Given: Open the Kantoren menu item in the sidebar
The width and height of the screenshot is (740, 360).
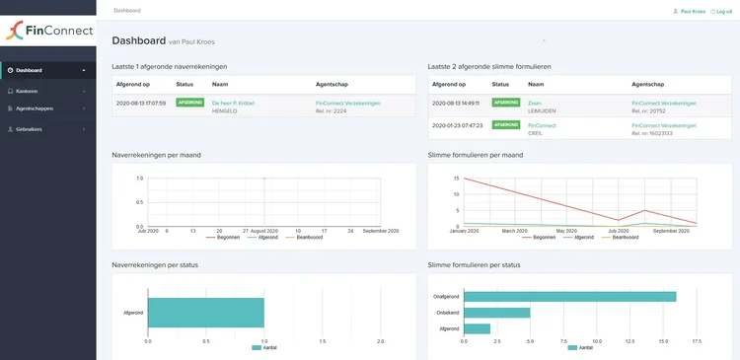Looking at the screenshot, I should tap(27, 91).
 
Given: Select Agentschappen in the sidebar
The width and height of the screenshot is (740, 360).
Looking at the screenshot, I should tap(35, 108).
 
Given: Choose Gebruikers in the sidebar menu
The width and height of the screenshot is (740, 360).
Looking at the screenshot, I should tap(30, 129).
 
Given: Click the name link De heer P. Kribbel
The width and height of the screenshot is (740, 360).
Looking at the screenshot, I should tap(233, 103).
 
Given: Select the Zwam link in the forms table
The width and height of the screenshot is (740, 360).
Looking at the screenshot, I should tap(535, 103).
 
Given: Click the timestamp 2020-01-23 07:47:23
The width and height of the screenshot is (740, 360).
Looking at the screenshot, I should tap(455, 126).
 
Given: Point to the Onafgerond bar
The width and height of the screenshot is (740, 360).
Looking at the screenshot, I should tap(569, 296).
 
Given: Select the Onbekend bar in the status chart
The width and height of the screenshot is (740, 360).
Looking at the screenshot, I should tap(496, 313).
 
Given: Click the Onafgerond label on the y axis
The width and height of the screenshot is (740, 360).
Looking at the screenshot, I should tap(447, 296).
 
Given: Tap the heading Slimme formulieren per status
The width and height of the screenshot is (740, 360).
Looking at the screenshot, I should tap(475, 265).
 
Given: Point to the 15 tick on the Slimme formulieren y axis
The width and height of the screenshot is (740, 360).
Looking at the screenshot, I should tap(456, 179).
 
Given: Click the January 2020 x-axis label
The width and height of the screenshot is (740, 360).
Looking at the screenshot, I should tap(464, 231).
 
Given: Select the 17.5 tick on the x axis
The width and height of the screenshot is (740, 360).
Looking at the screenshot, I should tap(697, 341).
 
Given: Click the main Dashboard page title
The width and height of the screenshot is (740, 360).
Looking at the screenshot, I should tap(138, 40).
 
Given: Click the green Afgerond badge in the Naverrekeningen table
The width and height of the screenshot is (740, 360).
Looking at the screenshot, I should tap(189, 103).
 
